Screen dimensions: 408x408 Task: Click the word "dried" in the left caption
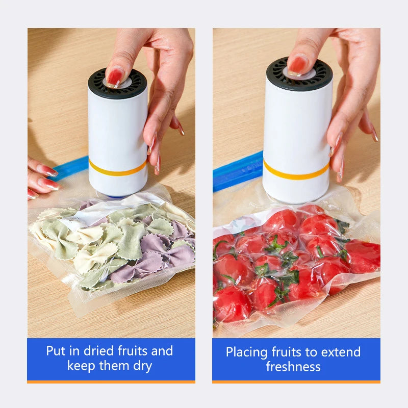(95, 351)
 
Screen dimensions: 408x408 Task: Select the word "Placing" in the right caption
(247, 352)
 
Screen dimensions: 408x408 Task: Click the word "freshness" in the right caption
(293, 366)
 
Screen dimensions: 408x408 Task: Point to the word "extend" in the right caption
(342, 352)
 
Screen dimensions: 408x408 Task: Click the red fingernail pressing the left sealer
(115, 78)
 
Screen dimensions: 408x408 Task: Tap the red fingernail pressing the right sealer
(298, 65)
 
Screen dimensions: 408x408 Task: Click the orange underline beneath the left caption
(111, 381)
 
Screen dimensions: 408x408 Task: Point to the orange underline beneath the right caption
(296, 381)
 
